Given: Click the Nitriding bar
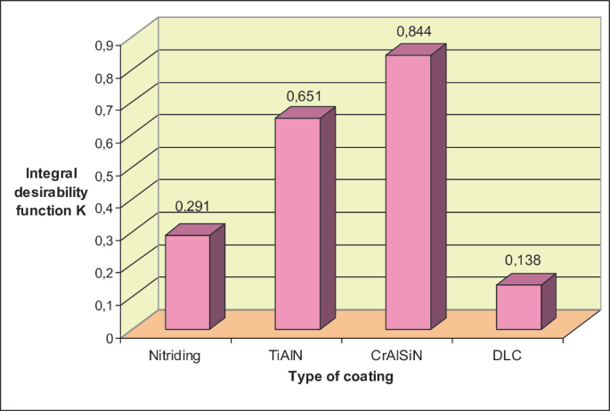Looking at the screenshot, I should point(188,282).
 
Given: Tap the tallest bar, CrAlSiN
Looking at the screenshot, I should point(408,192).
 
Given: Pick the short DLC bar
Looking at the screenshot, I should point(518,307).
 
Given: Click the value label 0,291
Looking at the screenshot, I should point(192,206).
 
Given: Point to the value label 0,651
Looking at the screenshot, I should point(304,95).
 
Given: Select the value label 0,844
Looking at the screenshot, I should point(413,32).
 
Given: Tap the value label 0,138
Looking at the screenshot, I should point(524,260).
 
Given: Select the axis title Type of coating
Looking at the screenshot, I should point(341,377).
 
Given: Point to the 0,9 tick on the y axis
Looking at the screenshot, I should point(104,45).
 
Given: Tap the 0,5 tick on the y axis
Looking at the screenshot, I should point(104,174).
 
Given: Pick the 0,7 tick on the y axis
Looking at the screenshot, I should point(104,110).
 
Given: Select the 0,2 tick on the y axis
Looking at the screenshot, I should point(104,272).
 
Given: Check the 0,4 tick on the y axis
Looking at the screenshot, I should point(104,207).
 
